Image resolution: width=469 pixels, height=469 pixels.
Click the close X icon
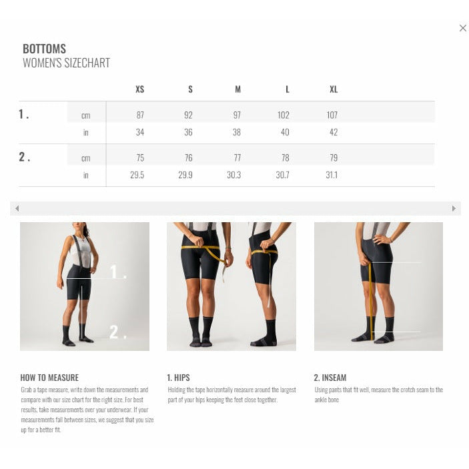463,28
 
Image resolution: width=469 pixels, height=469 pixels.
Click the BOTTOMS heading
44,49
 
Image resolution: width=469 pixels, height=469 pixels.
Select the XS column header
139,89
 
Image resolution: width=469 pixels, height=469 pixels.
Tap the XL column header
334,89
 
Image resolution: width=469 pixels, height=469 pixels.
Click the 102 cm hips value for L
284,115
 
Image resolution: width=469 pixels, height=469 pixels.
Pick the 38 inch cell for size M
237,132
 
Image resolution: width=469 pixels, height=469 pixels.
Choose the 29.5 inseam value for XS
137,175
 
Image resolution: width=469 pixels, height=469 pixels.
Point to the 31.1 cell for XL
332,175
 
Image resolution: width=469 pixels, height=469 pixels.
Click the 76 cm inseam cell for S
188,157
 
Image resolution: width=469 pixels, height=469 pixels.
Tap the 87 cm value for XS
140,115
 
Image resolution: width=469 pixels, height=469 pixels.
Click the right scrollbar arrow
454,208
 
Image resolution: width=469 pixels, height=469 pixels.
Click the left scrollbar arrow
17,208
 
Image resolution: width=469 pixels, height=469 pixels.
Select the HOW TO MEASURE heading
49,378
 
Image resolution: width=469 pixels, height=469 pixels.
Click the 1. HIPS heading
178,378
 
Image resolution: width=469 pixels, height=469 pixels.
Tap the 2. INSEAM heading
330,378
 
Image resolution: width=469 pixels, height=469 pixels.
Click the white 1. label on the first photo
118,272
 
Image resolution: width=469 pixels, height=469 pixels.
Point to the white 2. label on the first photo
117,332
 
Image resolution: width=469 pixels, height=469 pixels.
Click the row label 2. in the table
24,157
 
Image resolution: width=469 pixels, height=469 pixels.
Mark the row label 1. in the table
23,114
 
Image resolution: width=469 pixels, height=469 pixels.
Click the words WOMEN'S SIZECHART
67,63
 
